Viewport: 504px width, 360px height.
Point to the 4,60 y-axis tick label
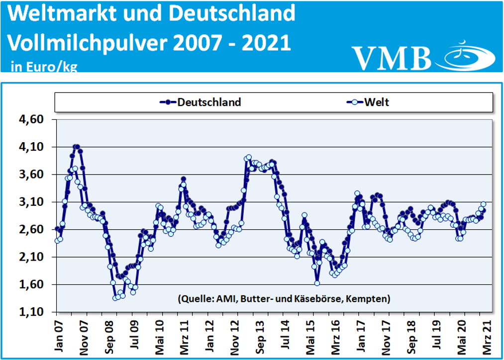31,119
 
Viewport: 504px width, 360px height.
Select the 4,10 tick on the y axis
31,147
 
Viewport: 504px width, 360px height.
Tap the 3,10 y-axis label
31,202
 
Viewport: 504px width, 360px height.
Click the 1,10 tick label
31,312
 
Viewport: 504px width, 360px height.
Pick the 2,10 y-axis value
31,257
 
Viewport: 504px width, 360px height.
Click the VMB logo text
392,57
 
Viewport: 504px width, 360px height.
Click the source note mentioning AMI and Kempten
283,299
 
